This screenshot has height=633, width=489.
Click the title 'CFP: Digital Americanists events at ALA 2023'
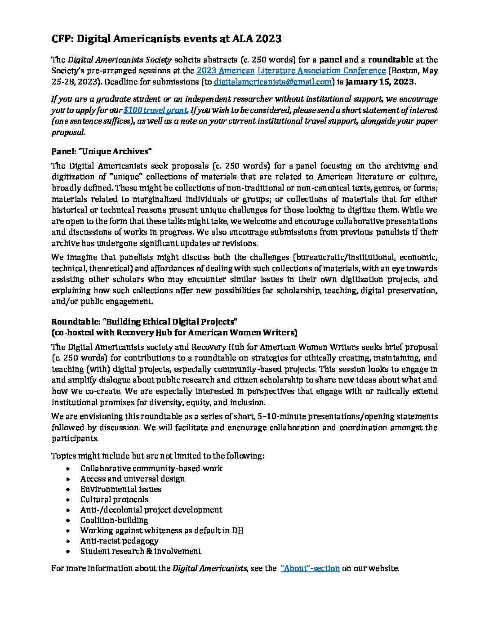[x=166, y=39]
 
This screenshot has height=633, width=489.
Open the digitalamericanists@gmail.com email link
[x=273, y=82]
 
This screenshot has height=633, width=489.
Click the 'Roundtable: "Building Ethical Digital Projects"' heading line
[x=144, y=322]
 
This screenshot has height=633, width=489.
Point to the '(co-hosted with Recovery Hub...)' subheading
[x=174, y=333]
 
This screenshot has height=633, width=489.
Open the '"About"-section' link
[x=310, y=568]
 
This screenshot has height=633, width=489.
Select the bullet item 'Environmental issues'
[x=121, y=489]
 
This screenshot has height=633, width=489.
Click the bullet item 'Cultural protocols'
[x=114, y=499]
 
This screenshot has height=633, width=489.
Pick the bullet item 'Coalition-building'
[x=114, y=520]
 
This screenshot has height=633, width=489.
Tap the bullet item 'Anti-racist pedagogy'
[x=119, y=541]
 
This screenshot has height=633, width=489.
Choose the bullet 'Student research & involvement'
[x=141, y=551]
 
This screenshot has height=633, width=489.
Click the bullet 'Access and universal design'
[x=133, y=479]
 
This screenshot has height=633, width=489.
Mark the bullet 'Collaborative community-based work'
[x=151, y=468]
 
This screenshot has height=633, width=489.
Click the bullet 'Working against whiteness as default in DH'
[x=162, y=530]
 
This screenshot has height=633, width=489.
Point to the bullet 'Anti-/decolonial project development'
[x=151, y=510]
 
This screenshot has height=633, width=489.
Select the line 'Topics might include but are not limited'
[x=157, y=456]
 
